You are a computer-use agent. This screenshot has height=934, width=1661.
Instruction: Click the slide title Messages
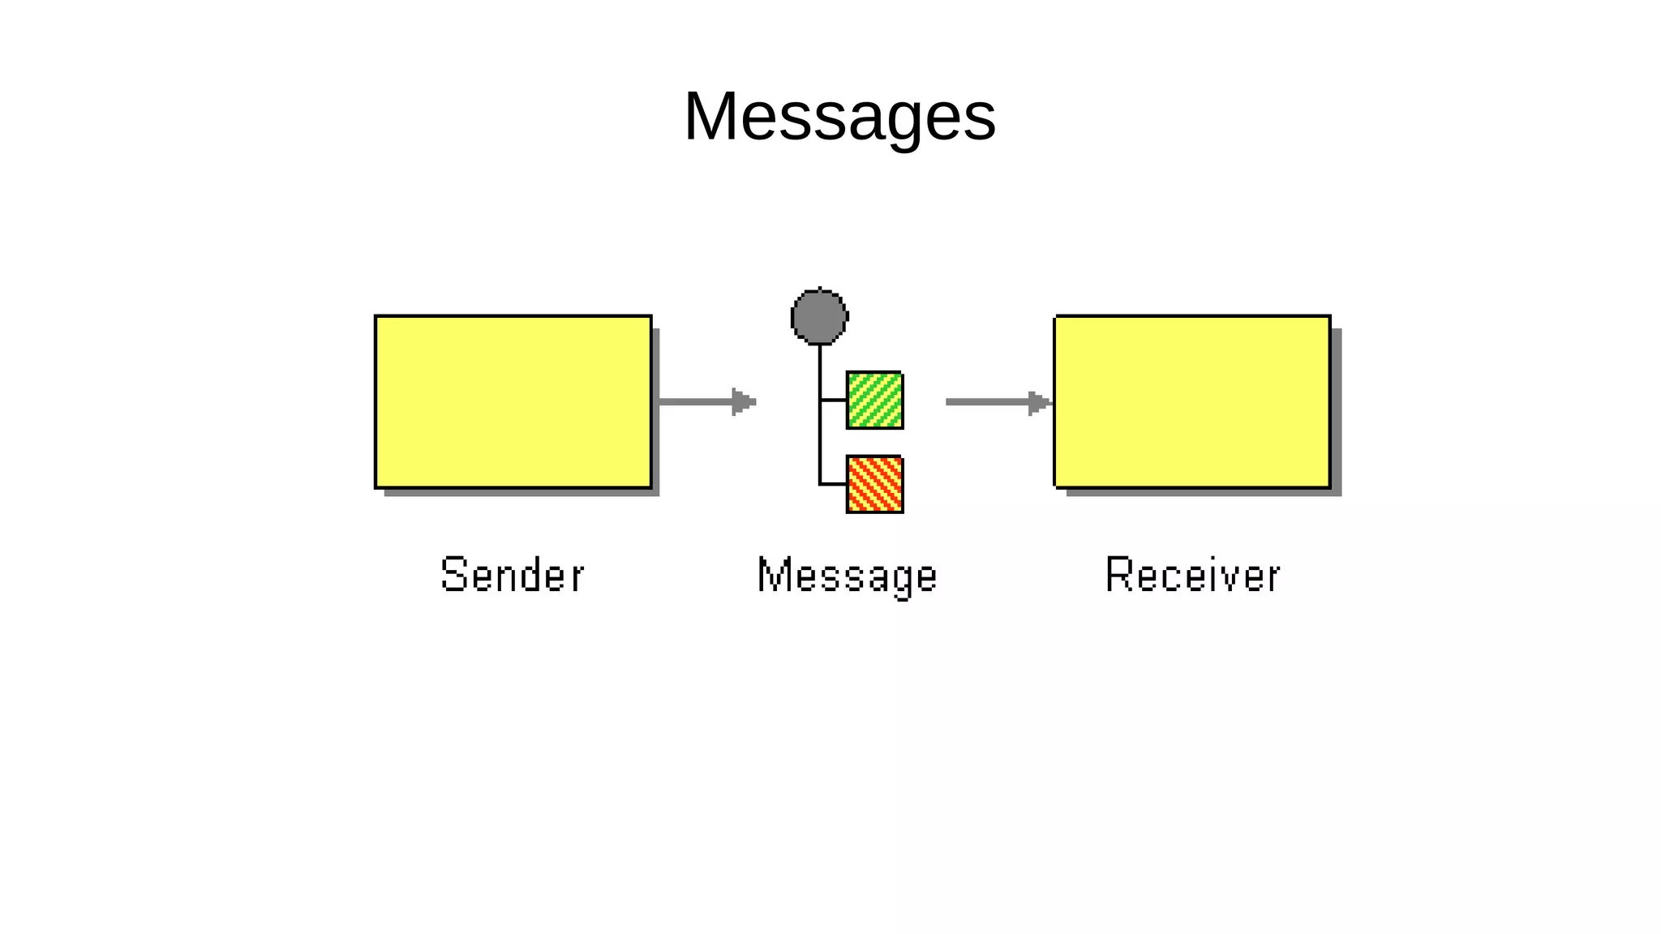(839, 117)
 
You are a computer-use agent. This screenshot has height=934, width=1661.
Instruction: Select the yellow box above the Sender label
(513, 401)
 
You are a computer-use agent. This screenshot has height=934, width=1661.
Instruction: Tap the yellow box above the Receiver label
(1192, 401)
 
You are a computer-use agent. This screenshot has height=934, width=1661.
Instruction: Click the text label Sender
(512, 575)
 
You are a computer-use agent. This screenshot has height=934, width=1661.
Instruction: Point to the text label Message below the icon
(847, 576)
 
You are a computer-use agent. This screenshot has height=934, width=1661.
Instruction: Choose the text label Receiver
(1192, 575)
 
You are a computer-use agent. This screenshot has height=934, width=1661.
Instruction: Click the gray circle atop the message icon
(819, 316)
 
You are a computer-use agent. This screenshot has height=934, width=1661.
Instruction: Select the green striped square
(874, 400)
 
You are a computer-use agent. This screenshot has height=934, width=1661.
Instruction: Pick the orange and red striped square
(874, 484)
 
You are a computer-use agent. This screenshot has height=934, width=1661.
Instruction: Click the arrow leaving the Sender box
(697, 401)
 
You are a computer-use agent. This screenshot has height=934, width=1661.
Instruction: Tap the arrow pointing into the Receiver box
(989, 401)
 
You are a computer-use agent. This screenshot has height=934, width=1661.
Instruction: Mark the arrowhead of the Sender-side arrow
(743, 401)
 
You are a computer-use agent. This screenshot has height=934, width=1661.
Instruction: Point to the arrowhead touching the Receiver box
(1039, 401)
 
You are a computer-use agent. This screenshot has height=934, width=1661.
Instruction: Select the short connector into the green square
(833, 400)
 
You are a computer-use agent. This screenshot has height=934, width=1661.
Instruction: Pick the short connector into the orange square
(833, 484)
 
